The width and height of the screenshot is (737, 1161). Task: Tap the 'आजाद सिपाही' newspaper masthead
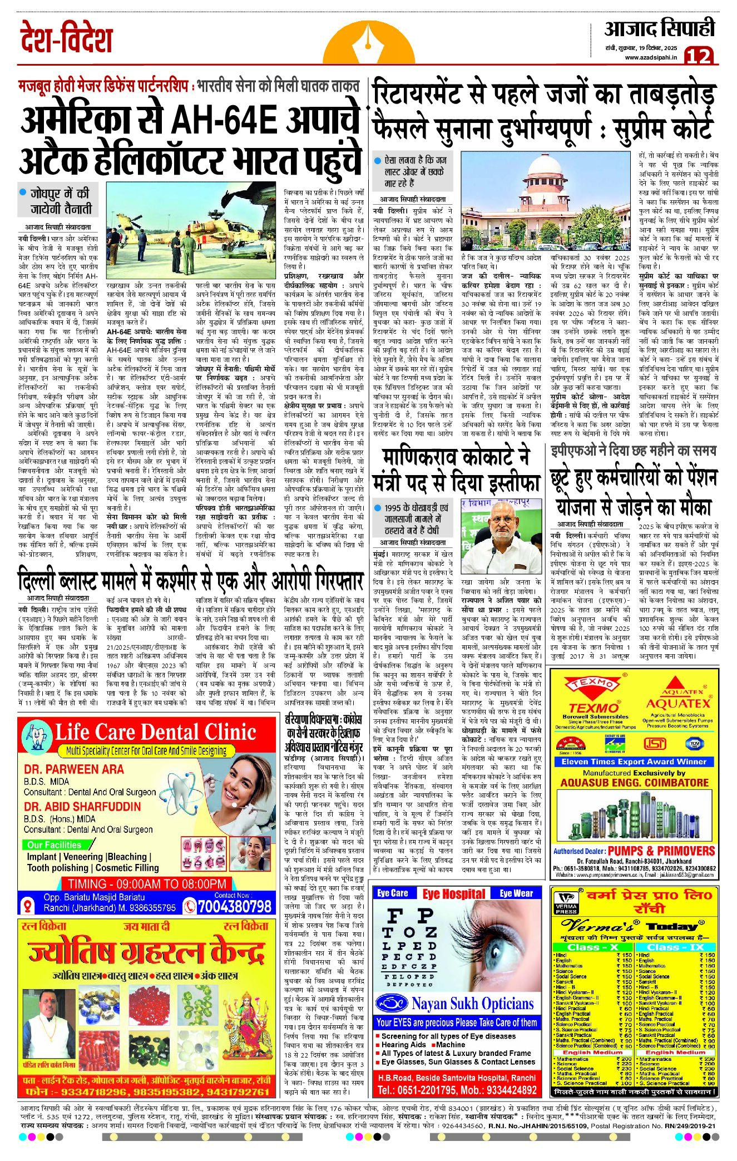[x=659, y=28]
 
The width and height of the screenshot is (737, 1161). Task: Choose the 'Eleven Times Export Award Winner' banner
[x=634, y=762]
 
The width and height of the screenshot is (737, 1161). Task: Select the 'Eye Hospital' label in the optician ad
[x=453, y=894]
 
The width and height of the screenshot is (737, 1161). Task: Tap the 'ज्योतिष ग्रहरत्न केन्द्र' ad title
[x=146, y=953]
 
